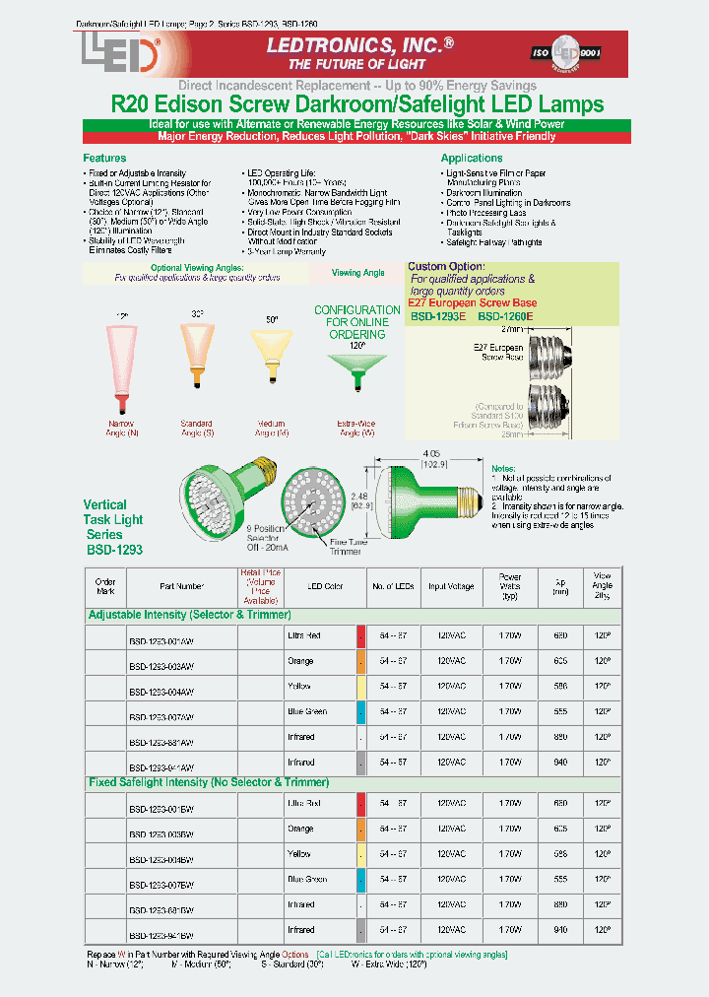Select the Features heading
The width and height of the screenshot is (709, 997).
point(104,158)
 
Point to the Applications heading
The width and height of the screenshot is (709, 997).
point(472,158)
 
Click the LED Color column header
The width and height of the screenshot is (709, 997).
point(326,586)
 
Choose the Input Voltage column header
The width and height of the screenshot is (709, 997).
point(450,586)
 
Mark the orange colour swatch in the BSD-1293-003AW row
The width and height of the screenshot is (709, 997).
point(361,661)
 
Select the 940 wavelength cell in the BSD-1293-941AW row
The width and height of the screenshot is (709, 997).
point(560,763)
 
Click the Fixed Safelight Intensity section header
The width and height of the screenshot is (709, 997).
point(209,782)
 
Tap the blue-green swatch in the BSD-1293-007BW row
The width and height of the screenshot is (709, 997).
point(361,880)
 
